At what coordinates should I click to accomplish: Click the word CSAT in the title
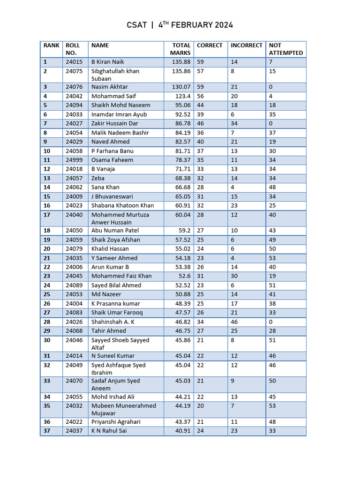pos(137,25)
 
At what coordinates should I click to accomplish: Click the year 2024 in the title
pos(224,25)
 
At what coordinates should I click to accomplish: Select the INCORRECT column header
pos(246,45)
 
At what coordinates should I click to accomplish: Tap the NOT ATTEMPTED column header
pos(285,49)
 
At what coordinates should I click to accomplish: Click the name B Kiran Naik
pos(107,62)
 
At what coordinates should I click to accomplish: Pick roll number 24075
pos(74,71)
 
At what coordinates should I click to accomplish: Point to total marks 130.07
pos(181,87)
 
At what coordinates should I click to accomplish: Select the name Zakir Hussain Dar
pos(115,124)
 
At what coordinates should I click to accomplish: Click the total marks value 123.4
pos(183,96)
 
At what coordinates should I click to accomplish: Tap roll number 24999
pos(74,160)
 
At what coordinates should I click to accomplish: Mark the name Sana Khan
pos(105,187)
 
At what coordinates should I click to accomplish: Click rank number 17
pos(46,215)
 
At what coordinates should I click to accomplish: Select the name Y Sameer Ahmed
pos(114,258)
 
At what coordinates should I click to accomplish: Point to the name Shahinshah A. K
pos(112,322)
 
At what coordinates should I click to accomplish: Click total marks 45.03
pos(182,381)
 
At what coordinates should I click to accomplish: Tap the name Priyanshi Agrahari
pos(116,422)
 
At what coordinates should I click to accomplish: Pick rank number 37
pos(46,431)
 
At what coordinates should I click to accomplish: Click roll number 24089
pos(74,285)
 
